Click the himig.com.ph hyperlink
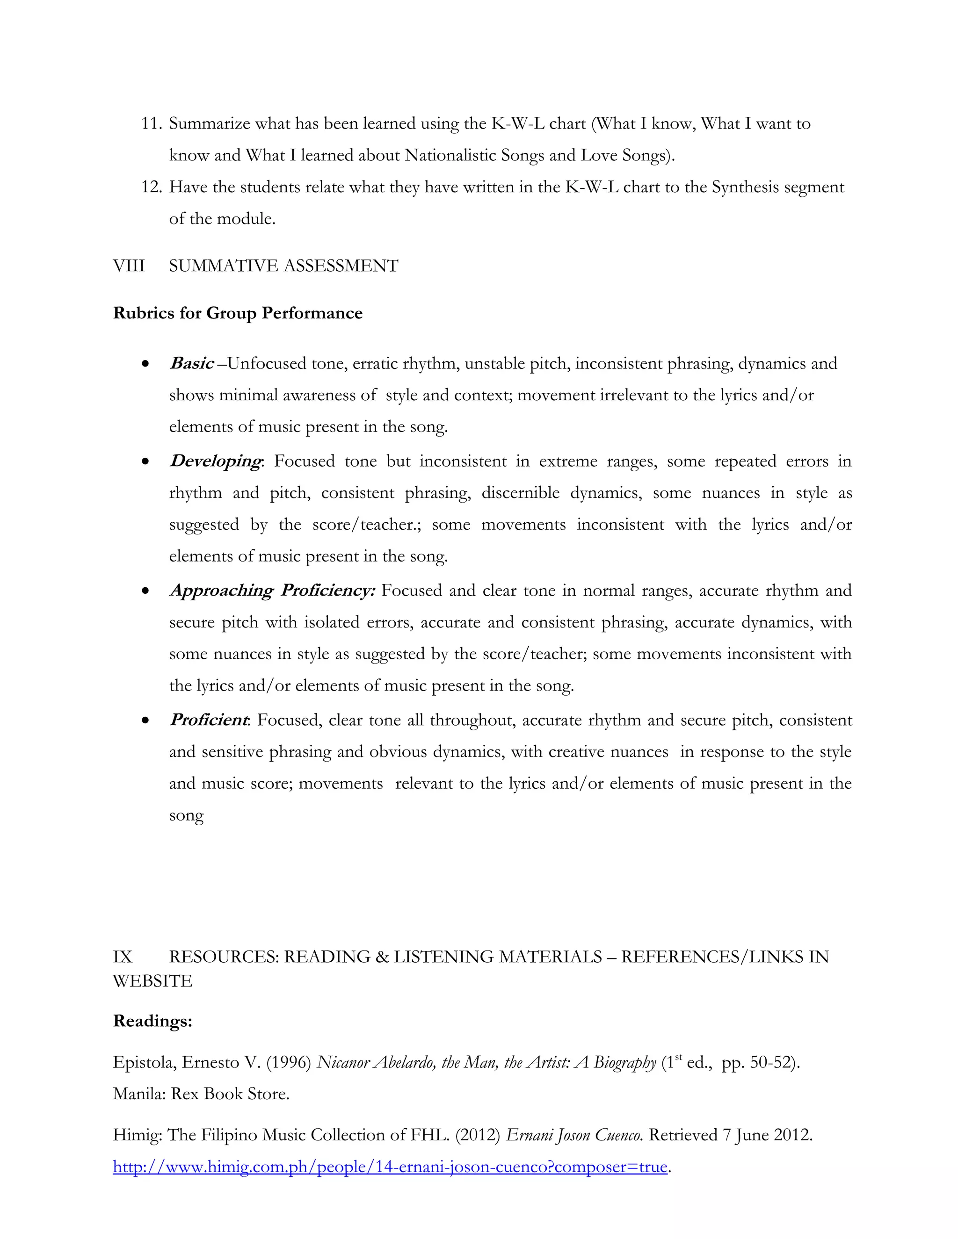coord(390,1167)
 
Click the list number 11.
coord(152,124)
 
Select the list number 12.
coord(152,187)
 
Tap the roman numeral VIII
coord(129,266)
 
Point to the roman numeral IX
coord(123,957)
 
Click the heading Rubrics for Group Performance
coord(237,313)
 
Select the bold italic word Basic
coord(192,363)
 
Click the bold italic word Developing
coord(215,461)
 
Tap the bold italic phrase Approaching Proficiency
coord(272,591)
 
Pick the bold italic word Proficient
coord(208,720)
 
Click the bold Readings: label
coord(152,1021)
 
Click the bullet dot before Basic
coord(146,364)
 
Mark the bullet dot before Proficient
coord(146,720)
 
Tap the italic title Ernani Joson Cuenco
coord(574,1135)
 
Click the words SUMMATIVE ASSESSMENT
coord(284,266)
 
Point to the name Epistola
coord(144,1063)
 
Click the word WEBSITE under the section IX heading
coord(152,981)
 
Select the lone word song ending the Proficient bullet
coord(186,816)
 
